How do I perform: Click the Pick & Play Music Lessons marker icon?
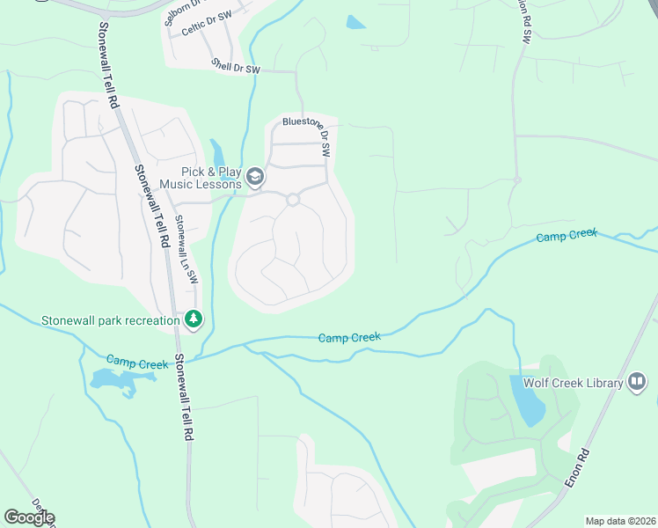pyautogui.click(x=256, y=178)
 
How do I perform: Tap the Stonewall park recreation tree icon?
pyautogui.click(x=194, y=319)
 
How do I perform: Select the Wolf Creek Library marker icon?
pyautogui.click(x=638, y=382)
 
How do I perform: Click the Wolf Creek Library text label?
pyautogui.click(x=574, y=383)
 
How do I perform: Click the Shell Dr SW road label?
pyautogui.click(x=237, y=66)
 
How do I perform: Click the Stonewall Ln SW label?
pyautogui.click(x=186, y=249)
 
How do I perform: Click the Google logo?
pyautogui.click(x=29, y=517)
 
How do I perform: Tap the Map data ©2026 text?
pyautogui.click(x=620, y=521)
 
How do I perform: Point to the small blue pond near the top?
pyautogui.click(x=355, y=22)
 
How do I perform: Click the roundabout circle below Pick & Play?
pyautogui.click(x=293, y=200)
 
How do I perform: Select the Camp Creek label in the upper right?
pyautogui.click(x=567, y=236)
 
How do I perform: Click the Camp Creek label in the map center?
pyautogui.click(x=348, y=337)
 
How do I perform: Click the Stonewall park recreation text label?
pyautogui.click(x=111, y=320)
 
